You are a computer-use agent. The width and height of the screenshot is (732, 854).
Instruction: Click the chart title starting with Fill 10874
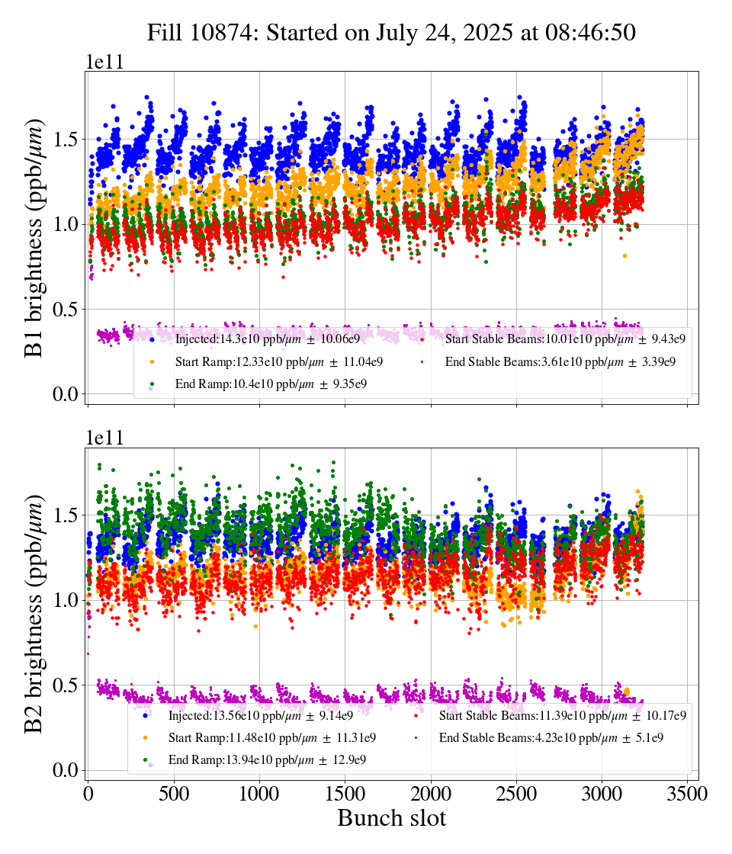(x=391, y=33)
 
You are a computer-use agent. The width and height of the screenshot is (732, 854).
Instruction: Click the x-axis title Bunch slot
(x=391, y=818)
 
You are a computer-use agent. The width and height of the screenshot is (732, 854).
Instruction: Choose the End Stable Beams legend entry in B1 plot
(x=560, y=361)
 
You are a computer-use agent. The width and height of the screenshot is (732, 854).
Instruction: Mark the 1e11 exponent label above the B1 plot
(x=104, y=63)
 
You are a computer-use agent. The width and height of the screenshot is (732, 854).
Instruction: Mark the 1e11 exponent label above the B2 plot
(x=104, y=438)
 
